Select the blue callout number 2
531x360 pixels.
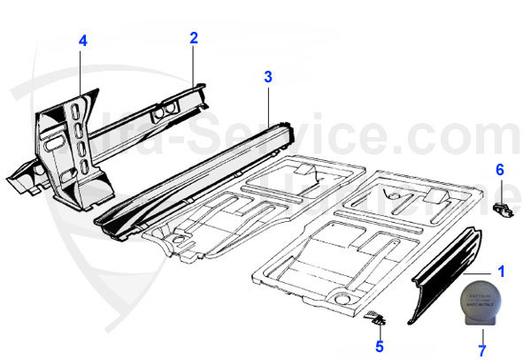[193, 38]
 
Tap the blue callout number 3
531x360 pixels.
[268, 77]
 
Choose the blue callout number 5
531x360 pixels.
[379, 346]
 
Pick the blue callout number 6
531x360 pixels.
[500, 169]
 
